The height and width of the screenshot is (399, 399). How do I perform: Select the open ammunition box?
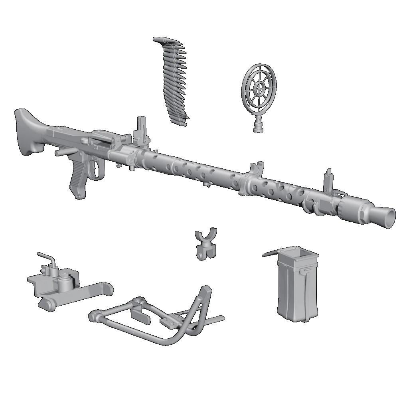[297, 287]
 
